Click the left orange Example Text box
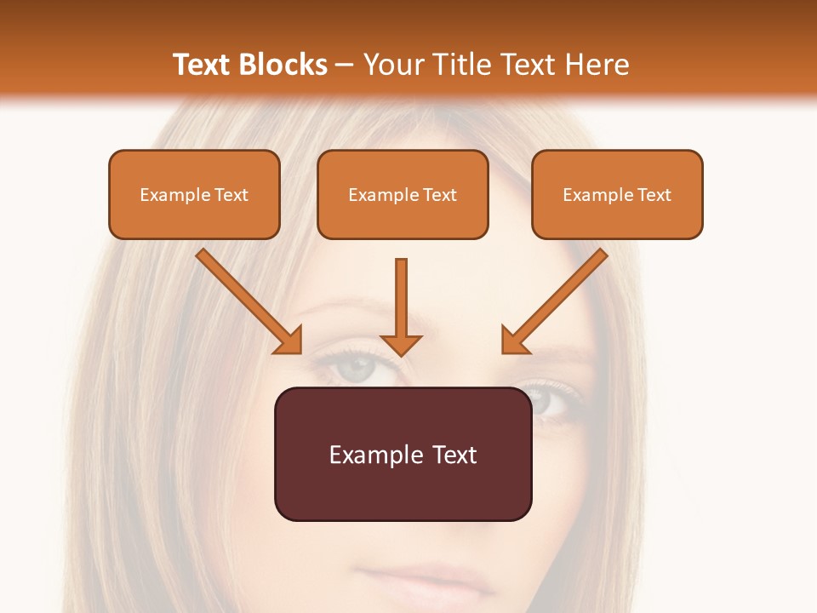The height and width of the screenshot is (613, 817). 194,194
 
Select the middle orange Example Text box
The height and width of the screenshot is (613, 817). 403,194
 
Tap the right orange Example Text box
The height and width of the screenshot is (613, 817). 617,194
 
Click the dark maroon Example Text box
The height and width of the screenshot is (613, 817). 403,454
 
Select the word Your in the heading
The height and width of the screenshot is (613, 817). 391,65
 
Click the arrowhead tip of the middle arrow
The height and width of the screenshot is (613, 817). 402,352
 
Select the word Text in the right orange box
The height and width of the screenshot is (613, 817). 654,194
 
